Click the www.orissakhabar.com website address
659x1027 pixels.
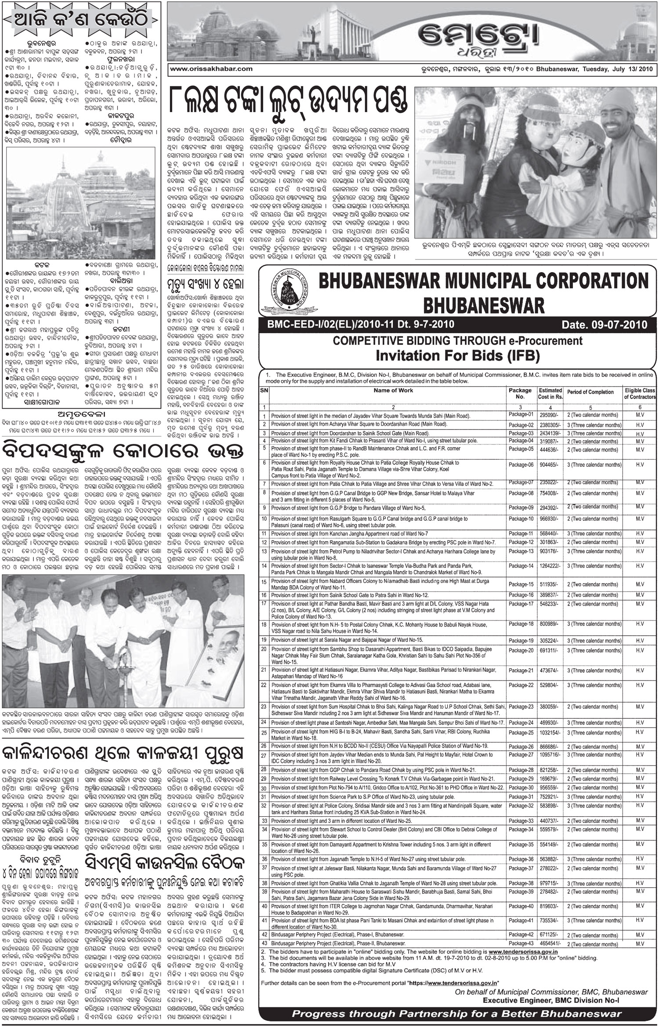click(x=211, y=68)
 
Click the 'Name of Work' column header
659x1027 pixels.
click(x=393, y=390)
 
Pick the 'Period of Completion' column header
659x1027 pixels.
click(x=590, y=393)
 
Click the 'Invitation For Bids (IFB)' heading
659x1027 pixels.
click(x=457, y=355)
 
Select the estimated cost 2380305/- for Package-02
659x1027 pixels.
click(x=550, y=425)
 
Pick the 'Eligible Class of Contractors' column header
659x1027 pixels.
click(x=640, y=393)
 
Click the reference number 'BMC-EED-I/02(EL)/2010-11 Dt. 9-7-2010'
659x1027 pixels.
click(x=357, y=324)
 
